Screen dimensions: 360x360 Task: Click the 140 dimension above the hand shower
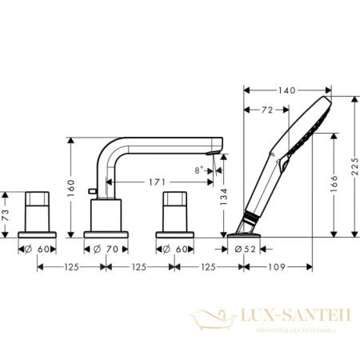point(288,92)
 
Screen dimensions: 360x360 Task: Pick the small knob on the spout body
point(94,191)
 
